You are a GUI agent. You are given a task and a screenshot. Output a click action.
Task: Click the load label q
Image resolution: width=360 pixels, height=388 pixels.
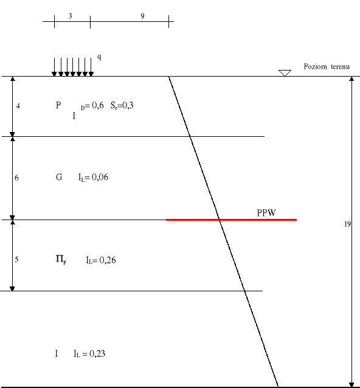coord(99,57)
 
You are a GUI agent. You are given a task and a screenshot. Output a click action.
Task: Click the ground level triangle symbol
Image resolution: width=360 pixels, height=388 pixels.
coord(285,73)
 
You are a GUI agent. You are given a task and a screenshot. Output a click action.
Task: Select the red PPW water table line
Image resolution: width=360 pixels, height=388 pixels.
coord(231,219)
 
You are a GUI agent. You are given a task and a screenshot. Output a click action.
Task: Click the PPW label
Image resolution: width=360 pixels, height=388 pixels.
coord(267,212)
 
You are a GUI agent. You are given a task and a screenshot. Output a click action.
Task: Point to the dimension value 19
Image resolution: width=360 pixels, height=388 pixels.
coord(347,224)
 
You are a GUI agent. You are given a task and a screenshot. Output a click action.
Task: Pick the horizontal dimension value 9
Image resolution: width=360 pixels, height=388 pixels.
coord(142,16)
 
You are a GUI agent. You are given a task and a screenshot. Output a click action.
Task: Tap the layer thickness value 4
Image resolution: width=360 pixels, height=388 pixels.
coord(18,106)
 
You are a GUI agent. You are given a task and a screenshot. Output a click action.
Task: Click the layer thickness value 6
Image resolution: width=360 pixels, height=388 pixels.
coord(16,178)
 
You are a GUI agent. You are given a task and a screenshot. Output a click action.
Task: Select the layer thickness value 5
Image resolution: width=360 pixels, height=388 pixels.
coord(16,260)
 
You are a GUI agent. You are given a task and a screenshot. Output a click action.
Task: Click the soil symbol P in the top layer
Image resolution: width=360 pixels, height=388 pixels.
coord(58,105)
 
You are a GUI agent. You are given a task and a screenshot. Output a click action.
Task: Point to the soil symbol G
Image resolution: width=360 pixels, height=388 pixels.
coord(59,177)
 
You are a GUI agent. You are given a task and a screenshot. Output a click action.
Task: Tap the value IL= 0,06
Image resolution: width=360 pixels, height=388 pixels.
coord(93,178)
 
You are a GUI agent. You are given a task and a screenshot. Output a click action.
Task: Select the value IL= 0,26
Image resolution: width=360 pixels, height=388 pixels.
coord(101,260)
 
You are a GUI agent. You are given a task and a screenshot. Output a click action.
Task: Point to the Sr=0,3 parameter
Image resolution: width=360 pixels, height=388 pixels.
coord(122,105)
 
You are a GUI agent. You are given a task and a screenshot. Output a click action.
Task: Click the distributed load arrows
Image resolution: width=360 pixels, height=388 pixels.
coord(73,66)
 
